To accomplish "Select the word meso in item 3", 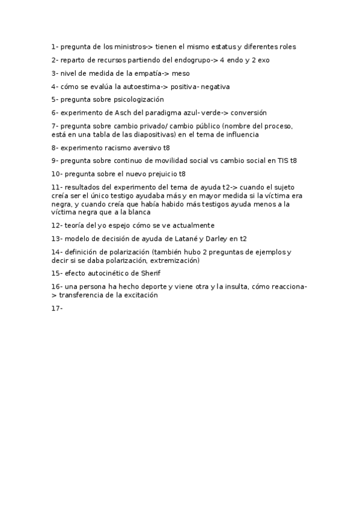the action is (x=180, y=73).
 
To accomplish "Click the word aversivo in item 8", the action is (x=148, y=147).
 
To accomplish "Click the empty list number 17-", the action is (x=57, y=309).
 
